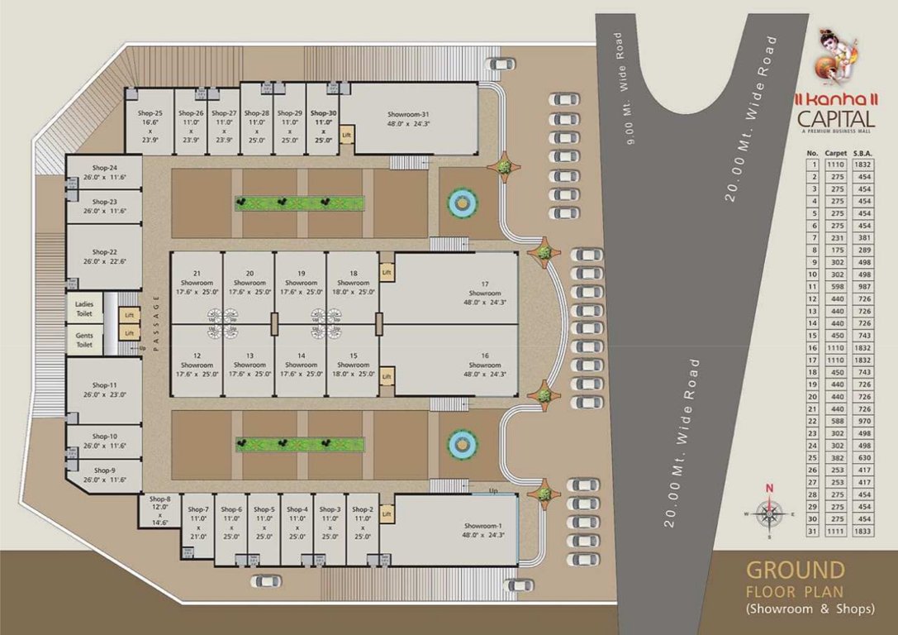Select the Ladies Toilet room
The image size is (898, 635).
pyautogui.click(x=84, y=308)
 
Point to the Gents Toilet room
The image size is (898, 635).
pyautogui.click(x=84, y=340)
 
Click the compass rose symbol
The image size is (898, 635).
pyautogui.click(x=769, y=513)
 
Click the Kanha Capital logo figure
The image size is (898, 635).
pyautogui.click(x=834, y=53)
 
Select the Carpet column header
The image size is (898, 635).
pyautogui.click(x=836, y=153)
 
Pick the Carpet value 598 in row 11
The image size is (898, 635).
pyautogui.click(x=836, y=285)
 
